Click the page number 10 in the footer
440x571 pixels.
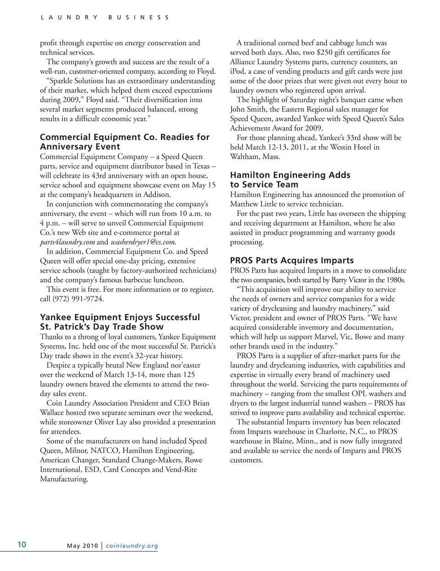[x=22, y=544]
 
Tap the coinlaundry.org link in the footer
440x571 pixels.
[x=132, y=545]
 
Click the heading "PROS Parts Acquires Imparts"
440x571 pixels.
[x=291, y=261]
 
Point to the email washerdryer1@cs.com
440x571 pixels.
[x=143, y=242]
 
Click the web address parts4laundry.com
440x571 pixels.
[x=67, y=242]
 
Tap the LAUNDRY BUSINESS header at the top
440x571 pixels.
[x=105, y=17]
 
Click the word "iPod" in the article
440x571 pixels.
[x=238, y=71]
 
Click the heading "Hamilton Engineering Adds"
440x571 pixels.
[x=290, y=175]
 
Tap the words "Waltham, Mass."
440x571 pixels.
[x=254, y=157]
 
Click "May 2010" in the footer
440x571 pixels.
[x=82, y=545]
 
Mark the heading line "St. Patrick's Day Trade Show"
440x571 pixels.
[x=102, y=327]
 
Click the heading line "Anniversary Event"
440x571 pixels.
[x=80, y=147]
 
